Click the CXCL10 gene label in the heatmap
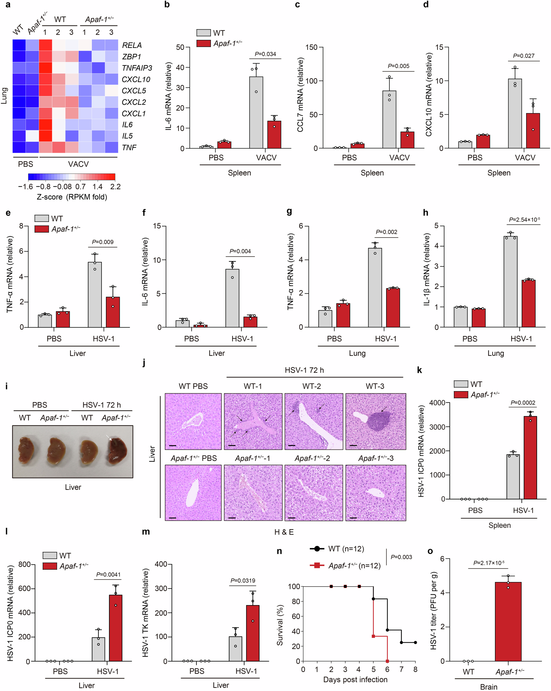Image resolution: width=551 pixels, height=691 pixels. coord(136,79)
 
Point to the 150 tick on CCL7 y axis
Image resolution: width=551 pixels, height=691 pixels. coord(311,47)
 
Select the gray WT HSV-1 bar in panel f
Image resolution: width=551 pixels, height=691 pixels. coord(232,298)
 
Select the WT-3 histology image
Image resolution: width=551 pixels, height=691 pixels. coord(376,421)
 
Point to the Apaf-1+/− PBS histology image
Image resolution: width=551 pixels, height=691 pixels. coord(193,493)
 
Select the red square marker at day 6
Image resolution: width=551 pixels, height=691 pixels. coord(387,661)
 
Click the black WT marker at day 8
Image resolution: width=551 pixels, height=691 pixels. coord(415,642)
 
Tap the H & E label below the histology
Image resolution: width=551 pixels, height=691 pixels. coord(283,532)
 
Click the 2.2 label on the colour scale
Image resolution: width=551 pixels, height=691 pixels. coord(115,187)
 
